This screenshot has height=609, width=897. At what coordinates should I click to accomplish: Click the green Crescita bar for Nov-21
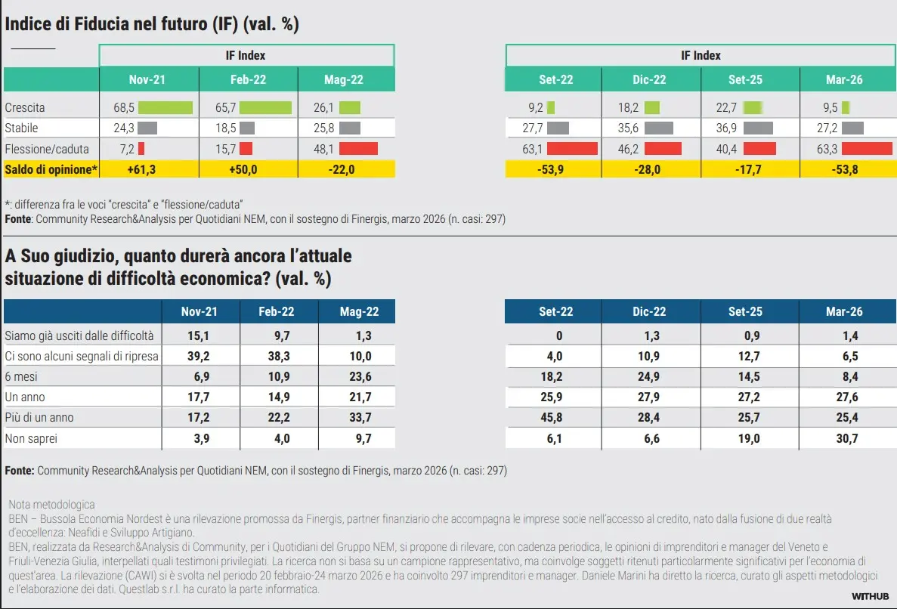click(165, 108)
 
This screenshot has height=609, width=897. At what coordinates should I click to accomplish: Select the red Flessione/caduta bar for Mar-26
click(866, 149)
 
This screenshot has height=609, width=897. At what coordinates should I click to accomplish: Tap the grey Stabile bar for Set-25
click(758, 128)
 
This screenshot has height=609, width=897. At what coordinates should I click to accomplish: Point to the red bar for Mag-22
click(357, 149)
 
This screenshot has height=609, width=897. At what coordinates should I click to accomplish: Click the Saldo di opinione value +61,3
click(149, 169)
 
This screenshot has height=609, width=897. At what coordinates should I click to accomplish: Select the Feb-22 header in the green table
click(248, 79)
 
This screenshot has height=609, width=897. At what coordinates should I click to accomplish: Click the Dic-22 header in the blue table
click(649, 311)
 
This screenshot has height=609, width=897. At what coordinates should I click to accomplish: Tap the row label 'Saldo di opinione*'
click(51, 169)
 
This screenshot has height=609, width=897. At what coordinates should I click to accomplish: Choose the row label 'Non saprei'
click(31, 438)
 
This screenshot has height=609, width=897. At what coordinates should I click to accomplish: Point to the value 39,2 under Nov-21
click(200, 356)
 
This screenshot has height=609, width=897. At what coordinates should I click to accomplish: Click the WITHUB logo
click(869, 596)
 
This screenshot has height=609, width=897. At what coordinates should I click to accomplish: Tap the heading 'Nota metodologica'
click(51, 504)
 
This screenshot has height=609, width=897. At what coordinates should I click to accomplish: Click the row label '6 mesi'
click(22, 376)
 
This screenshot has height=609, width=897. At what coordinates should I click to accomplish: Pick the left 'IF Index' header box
click(246, 55)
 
